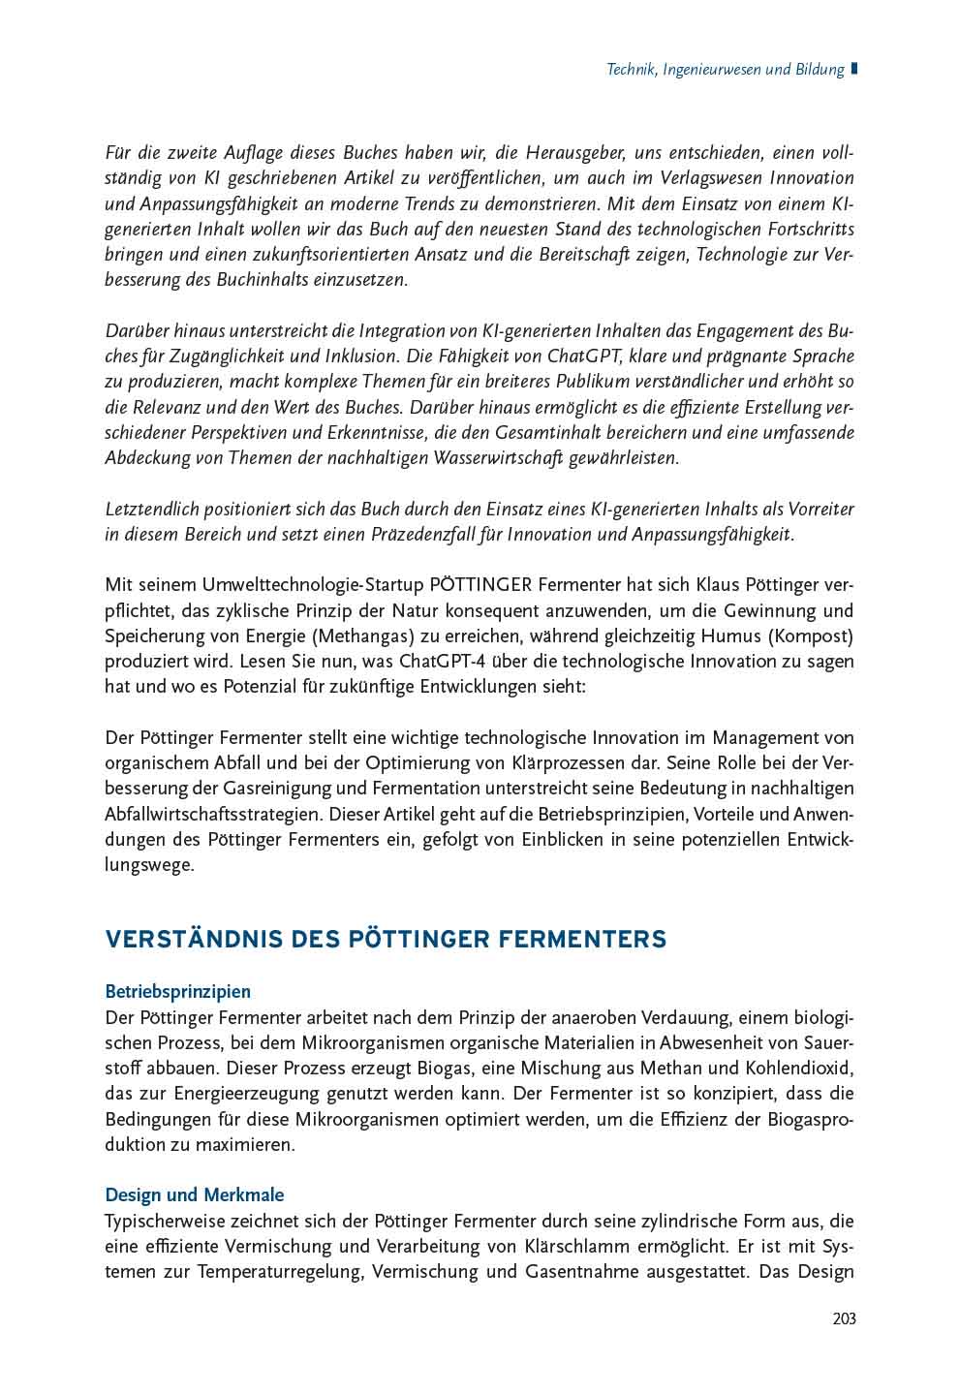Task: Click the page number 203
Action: click(x=844, y=1318)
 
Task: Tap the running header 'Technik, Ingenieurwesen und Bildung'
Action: click(x=725, y=70)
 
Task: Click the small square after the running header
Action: click(x=854, y=69)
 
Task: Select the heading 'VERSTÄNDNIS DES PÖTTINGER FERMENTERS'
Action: click(x=386, y=939)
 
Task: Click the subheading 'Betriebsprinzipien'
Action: click(x=177, y=992)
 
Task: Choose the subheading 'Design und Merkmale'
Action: click(x=194, y=1194)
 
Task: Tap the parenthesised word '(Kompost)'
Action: click(x=814, y=636)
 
